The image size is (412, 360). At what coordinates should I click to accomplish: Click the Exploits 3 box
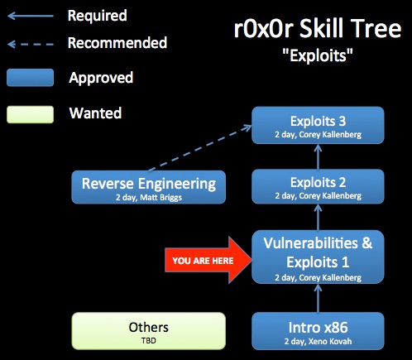click(x=318, y=125)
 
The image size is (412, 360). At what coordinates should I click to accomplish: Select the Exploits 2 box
click(x=318, y=186)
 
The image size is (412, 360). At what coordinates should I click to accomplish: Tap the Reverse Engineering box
click(x=149, y=187)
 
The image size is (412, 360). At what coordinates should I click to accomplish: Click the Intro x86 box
click(x=318, y=331)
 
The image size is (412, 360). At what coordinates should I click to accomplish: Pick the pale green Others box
click(x=149, y=331)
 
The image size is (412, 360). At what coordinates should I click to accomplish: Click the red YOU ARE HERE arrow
click(x=208, y=260)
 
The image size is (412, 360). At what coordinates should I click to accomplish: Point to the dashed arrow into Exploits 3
click(x=200, y=148)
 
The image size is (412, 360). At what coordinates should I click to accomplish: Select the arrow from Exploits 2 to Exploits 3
click(x=318, y=156)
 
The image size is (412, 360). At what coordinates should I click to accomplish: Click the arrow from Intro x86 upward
click(x=318, y=298)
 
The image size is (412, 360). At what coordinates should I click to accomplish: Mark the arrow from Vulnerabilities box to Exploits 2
click(x=318, y=217)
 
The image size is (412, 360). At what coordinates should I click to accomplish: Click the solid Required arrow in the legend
click(x=31, y=16)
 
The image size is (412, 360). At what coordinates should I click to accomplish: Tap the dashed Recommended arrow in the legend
click(x=31, y=44)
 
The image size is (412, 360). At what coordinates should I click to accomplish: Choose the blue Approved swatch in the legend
click(x=31, y=78)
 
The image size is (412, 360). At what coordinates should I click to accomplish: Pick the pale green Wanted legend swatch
click(x=31, y=114)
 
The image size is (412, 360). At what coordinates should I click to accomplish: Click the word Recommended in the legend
click(x=117, y=43)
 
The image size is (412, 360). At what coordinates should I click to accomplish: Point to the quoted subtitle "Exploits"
click(x=318, y=55)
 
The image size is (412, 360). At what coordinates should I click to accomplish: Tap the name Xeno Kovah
click(x=330, y=341)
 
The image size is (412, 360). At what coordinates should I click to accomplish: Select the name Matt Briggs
click(x=161, y=198)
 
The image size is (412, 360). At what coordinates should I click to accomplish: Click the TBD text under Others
click(x=149, y=341)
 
